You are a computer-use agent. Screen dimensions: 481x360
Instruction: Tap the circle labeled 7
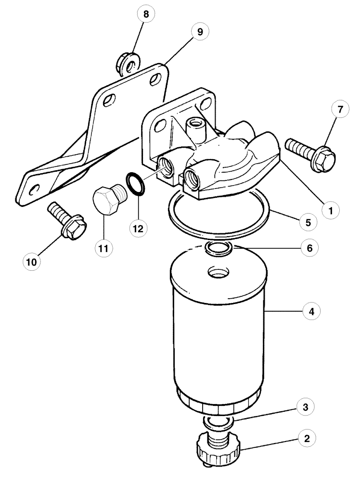(340, 110)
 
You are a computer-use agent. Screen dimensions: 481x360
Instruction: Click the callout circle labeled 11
(104, 249)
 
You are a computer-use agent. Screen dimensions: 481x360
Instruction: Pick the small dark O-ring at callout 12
(135, 185)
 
